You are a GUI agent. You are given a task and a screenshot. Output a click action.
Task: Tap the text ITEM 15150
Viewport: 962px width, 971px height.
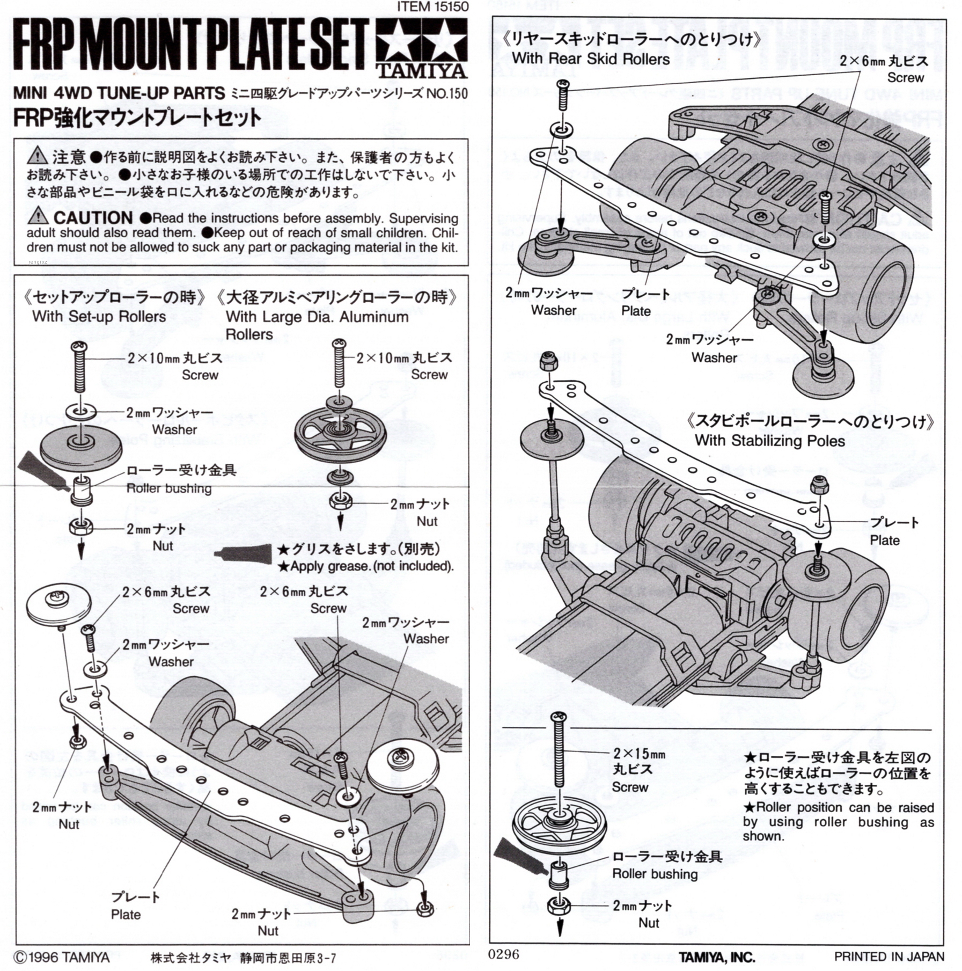point(432,6)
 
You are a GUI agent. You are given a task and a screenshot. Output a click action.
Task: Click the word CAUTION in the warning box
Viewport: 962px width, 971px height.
point(93,218)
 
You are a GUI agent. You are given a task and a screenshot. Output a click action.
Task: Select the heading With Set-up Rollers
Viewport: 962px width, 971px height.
point(99,317)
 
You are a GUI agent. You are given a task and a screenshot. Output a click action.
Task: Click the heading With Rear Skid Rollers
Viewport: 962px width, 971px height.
point(591,59)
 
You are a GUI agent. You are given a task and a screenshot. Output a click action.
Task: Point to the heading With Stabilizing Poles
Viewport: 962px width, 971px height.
point(769,441)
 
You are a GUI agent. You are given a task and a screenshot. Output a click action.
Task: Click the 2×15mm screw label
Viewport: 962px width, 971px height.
point(639,754)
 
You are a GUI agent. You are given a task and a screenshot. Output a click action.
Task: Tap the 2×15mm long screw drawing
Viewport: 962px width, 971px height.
point(560,751)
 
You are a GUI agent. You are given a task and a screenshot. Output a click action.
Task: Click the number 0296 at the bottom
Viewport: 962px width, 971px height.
point(504,954)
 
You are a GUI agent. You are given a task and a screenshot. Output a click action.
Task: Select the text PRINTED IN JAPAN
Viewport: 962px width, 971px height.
point(889,957)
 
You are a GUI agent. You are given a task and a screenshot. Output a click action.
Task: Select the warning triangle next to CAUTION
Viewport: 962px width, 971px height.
point(37,216)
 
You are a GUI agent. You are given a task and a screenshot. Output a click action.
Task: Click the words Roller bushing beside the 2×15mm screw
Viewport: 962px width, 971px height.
point(655,873)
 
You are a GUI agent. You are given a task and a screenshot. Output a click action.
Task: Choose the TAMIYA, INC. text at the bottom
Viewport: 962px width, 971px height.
point(716,957)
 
